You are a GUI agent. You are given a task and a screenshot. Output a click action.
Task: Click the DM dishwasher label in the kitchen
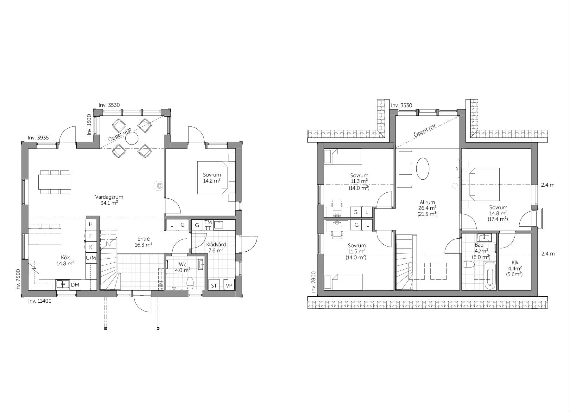point(75,285)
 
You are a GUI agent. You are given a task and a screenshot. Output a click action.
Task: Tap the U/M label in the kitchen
point(91,258)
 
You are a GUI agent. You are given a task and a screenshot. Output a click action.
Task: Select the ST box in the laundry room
point(214,286)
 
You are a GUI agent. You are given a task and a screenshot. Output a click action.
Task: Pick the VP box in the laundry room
point(229,286)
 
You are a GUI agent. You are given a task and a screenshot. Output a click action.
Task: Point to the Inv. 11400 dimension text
point(40,301)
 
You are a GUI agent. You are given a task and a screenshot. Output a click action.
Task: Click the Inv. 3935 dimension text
point(38,138)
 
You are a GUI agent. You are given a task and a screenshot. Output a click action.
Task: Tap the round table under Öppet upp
point(132,138)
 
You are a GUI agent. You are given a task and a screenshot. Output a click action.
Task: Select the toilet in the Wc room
point(190,283)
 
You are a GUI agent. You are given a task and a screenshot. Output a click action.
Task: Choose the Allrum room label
point(427,202)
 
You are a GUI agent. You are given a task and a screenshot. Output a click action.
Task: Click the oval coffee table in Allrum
point(422,169)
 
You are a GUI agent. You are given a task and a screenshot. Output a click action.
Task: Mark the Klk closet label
point(515,263)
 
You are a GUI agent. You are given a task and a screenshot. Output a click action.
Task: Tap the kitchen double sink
point(63,284)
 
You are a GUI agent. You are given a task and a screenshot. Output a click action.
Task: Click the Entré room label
point(143,239)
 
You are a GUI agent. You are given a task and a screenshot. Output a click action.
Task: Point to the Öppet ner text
point(425,131)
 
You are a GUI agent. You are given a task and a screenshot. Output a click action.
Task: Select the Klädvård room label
point(216,245)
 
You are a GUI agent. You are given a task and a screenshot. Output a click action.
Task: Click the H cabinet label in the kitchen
point(91,224)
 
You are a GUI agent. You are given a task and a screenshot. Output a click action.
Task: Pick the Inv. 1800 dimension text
point(89,125)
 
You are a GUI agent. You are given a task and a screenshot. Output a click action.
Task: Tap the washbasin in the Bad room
point(485,238)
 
